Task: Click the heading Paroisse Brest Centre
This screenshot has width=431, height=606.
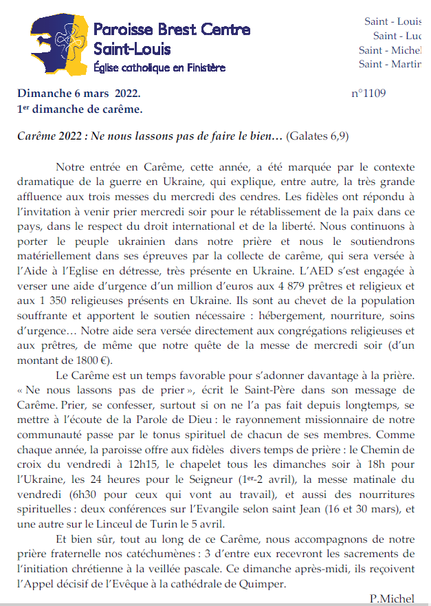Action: [171, 30]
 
